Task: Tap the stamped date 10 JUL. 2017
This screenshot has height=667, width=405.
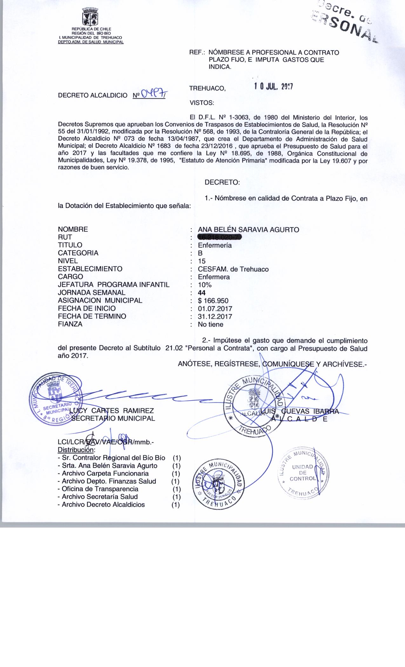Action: (273, 87)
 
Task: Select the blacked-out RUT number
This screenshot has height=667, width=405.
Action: (219, 237)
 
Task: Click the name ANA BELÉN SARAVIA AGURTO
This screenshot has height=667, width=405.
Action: (248, 229)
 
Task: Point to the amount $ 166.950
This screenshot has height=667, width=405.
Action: (213, 300)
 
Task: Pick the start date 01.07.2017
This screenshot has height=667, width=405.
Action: (215, 308)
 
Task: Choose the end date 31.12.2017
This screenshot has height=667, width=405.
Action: (215, 316)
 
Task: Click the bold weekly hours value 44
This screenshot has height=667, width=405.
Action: (202, 293)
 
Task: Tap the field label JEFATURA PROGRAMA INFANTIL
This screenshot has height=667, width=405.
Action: (114, 285)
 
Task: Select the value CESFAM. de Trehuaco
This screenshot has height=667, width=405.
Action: (233, 269)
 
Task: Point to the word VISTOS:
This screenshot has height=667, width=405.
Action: (202, 103)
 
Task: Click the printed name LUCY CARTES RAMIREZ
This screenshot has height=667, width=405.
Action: (111, 411)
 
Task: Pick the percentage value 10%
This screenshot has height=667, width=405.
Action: (205, 285)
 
